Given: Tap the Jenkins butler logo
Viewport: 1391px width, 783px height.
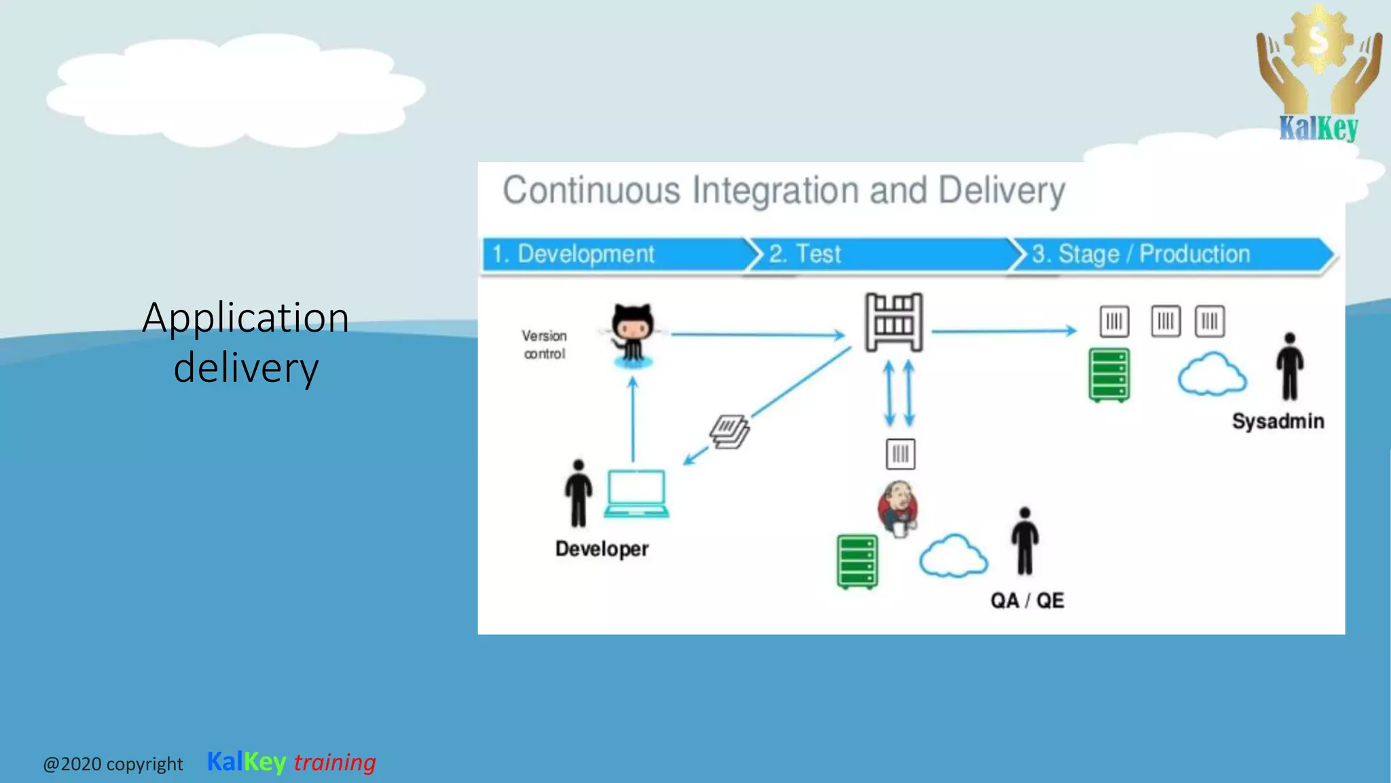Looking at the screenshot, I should pyautogui.click(x=898, y=508).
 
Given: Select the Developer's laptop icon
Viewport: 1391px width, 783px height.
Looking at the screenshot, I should pyautogui.click(x=636, y=493).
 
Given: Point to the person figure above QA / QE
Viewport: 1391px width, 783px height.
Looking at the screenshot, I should pyautogui.click(x=1025, y=541).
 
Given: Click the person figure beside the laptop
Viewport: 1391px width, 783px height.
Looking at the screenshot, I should pyautogui.click(x=578, y=493).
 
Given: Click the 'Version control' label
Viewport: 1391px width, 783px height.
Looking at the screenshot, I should pyautogui.click(x=544, y=345).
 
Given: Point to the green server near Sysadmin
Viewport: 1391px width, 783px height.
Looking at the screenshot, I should pyautogui.click(x=1109, y=375).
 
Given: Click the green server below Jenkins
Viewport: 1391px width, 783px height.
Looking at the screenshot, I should pyautogui.click(x=857, y=561).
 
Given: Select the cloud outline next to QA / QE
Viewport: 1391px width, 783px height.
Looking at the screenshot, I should pyautogui.click(x=953, y=556).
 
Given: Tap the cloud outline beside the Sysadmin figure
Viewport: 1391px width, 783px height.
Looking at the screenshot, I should pyautogui.click(x=1212, y=374).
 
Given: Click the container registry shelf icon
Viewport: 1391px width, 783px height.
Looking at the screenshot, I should pyautogui.click(x=893, y=322).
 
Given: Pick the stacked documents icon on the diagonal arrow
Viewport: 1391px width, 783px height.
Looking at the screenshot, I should pyautogui.click(x=729, y=431).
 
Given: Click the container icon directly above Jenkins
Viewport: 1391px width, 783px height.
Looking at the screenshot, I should pyautogui.click(x=900, y=454).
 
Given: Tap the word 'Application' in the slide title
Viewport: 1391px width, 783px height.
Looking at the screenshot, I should pyautogui.click(x=245, y=318).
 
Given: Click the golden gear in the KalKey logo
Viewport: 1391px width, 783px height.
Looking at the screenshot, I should pyautogui.click(x=1318, y=39).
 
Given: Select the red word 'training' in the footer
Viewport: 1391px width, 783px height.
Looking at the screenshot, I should pyautogui.click(x=334, y=763).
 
